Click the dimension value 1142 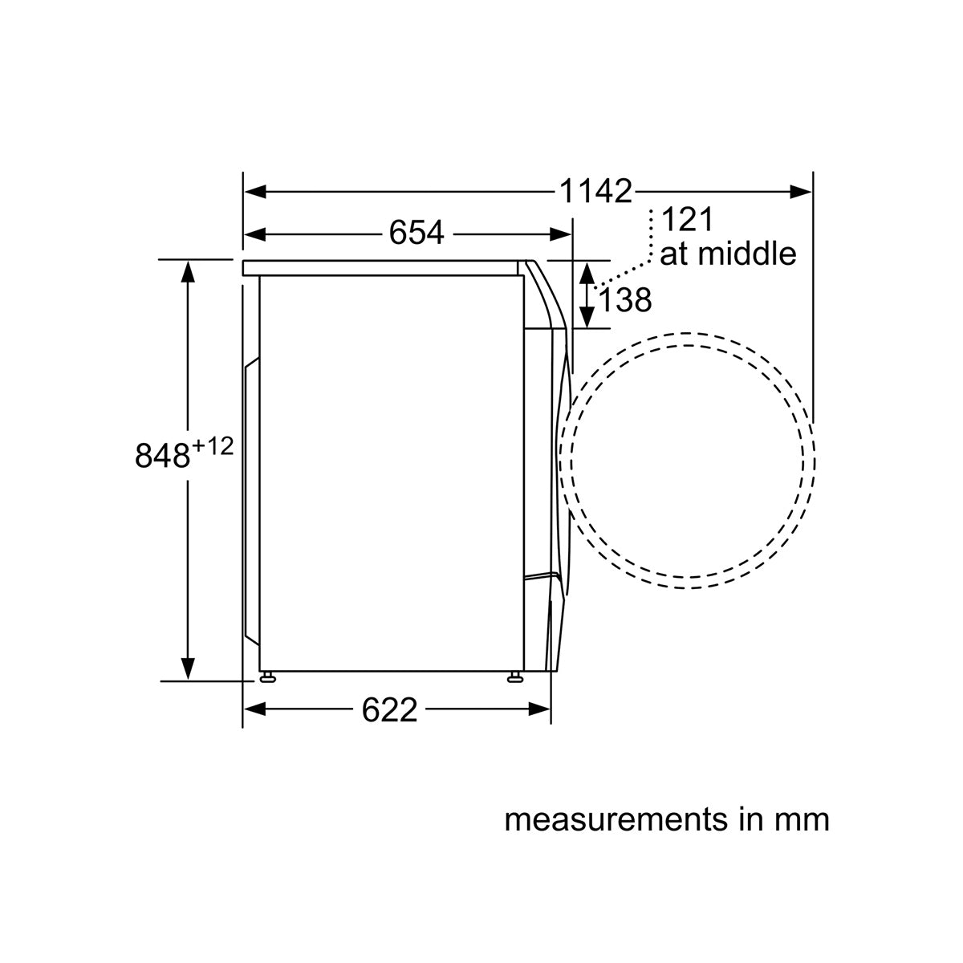point(595,191)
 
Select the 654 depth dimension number point(416,233)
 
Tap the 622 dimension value point(389,710)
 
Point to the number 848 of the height point(162,455)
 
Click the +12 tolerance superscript point(213,446)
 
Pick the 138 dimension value point(624,299)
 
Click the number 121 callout point(687,219)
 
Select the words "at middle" point(728,254)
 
